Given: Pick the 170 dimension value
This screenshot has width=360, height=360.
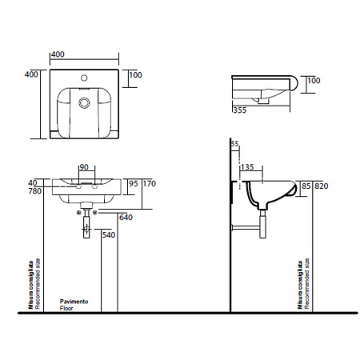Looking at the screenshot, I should [x=147, y=183].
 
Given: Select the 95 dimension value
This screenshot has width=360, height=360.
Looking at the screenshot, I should [x=134, y=183].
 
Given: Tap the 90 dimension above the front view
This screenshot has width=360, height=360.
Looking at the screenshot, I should [x=83, y=167].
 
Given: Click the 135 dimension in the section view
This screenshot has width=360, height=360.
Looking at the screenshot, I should [x=247, y=169].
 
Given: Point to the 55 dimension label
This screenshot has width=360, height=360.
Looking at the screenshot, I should [x=234, y=143].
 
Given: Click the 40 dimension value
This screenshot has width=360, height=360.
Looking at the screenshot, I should [x=33, y=182].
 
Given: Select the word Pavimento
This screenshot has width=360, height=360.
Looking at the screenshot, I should [x=75, y=302].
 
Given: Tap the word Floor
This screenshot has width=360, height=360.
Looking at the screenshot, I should [x=66, y=308].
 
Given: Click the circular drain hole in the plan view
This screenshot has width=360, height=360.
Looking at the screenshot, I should [x=85, y=102].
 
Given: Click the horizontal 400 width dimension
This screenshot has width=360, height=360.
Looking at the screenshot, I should [x=57, y=54].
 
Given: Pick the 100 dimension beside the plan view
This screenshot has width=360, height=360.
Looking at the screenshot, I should [x=135, y=74].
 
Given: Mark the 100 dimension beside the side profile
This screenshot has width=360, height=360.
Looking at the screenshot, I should [x=314, y=81].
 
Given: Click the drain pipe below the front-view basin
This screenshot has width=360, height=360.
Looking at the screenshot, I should [x=86, y=228].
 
